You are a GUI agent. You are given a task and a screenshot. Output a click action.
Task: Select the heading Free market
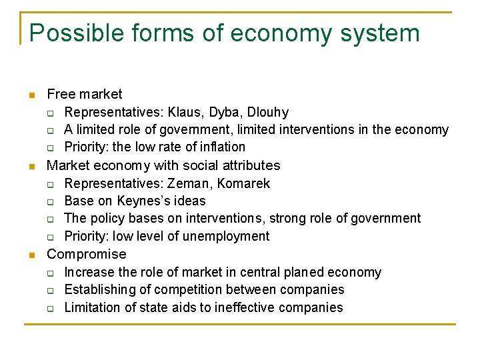point(85,95)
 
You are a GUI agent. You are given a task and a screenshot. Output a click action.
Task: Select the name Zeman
point(192,183)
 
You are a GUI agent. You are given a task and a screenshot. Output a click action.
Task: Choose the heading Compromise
point(86,254)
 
